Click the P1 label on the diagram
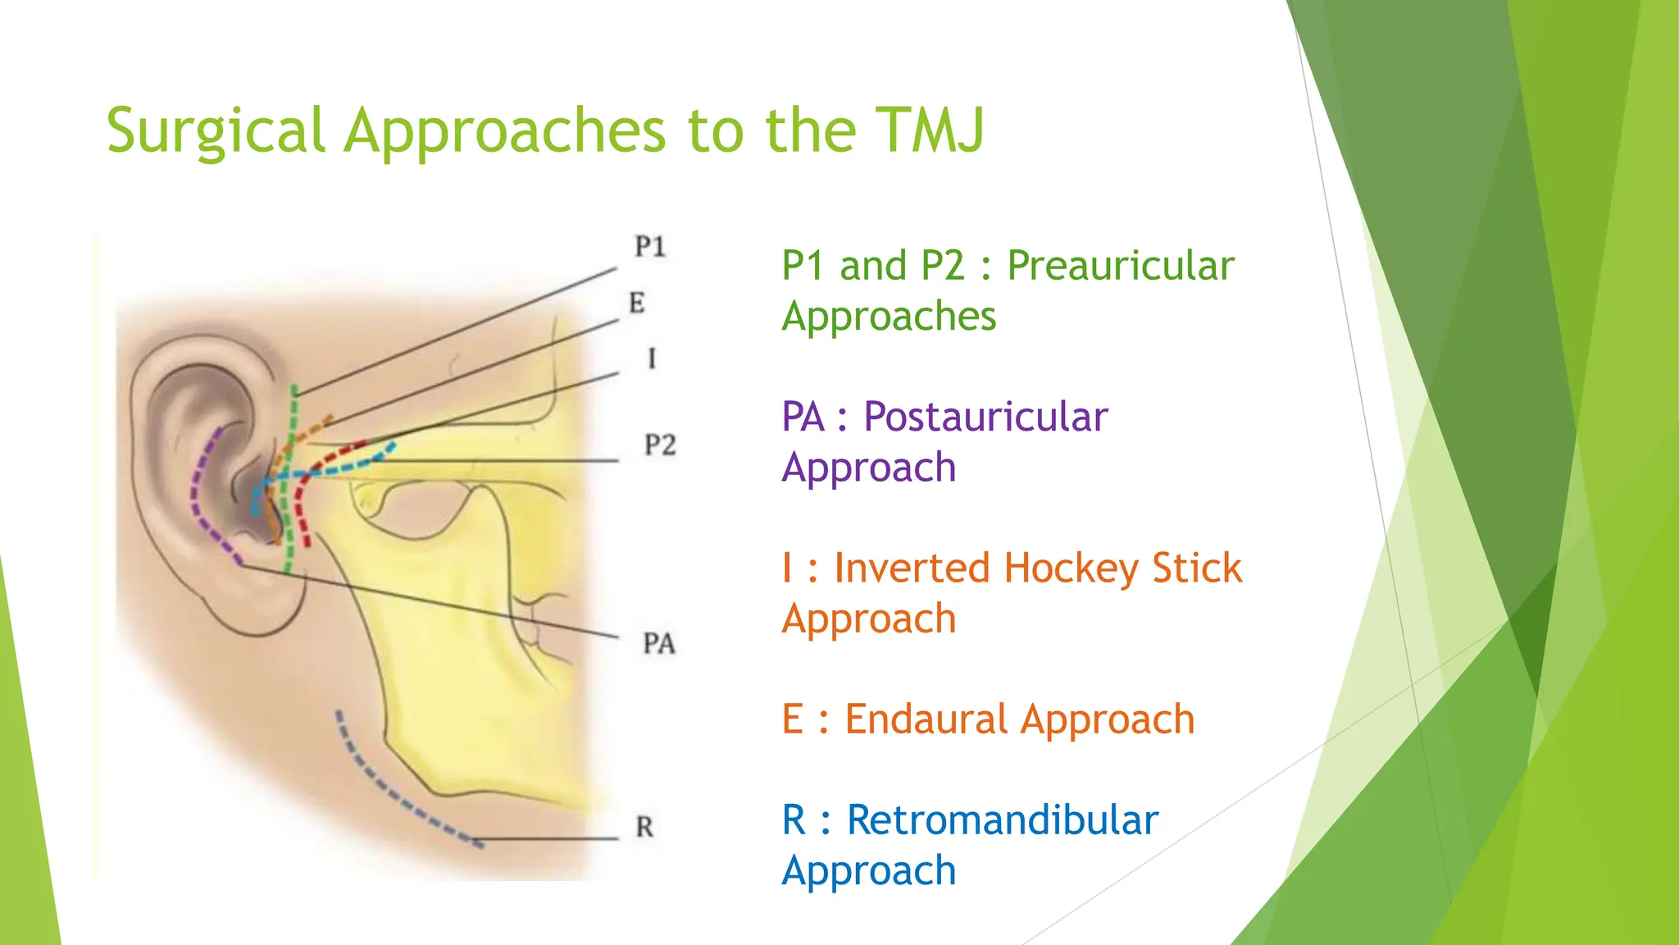[650, 246]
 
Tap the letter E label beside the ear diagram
[637, 303]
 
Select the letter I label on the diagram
[652, 358]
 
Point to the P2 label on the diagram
[660, 445]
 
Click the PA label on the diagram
[659, 644]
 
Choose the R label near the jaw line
[644, 827]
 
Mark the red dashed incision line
[302, 509]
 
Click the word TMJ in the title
[930, 130]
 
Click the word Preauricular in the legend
[1120, 266]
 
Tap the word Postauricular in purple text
[985, 417]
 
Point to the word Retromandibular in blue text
[1002, 820]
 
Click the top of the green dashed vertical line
[294, 390]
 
